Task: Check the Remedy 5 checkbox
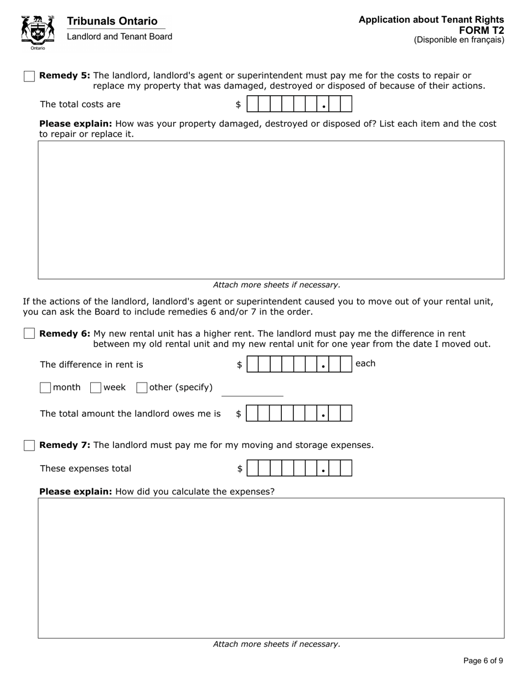(29, 76)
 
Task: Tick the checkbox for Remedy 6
(29, 334)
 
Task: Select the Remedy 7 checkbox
(29, 446)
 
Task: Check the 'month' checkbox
(45, 388)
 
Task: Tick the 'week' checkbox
(95, 388)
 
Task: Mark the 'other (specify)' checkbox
(141, 388)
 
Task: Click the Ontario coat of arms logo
(38, 32)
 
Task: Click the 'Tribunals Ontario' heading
(112, 21)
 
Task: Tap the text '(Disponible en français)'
(458, 40)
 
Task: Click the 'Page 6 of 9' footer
(483, 661)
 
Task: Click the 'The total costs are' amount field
(299, 104)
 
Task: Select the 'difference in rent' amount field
(299, 364)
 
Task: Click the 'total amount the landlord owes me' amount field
(299, 414)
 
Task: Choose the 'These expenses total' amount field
(299, 468)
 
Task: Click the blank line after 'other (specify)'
(252, 390)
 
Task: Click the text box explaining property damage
(271, 210)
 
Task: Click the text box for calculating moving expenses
(271, 568)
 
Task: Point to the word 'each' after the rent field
(365, 363)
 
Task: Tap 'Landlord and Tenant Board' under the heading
(119, 37)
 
